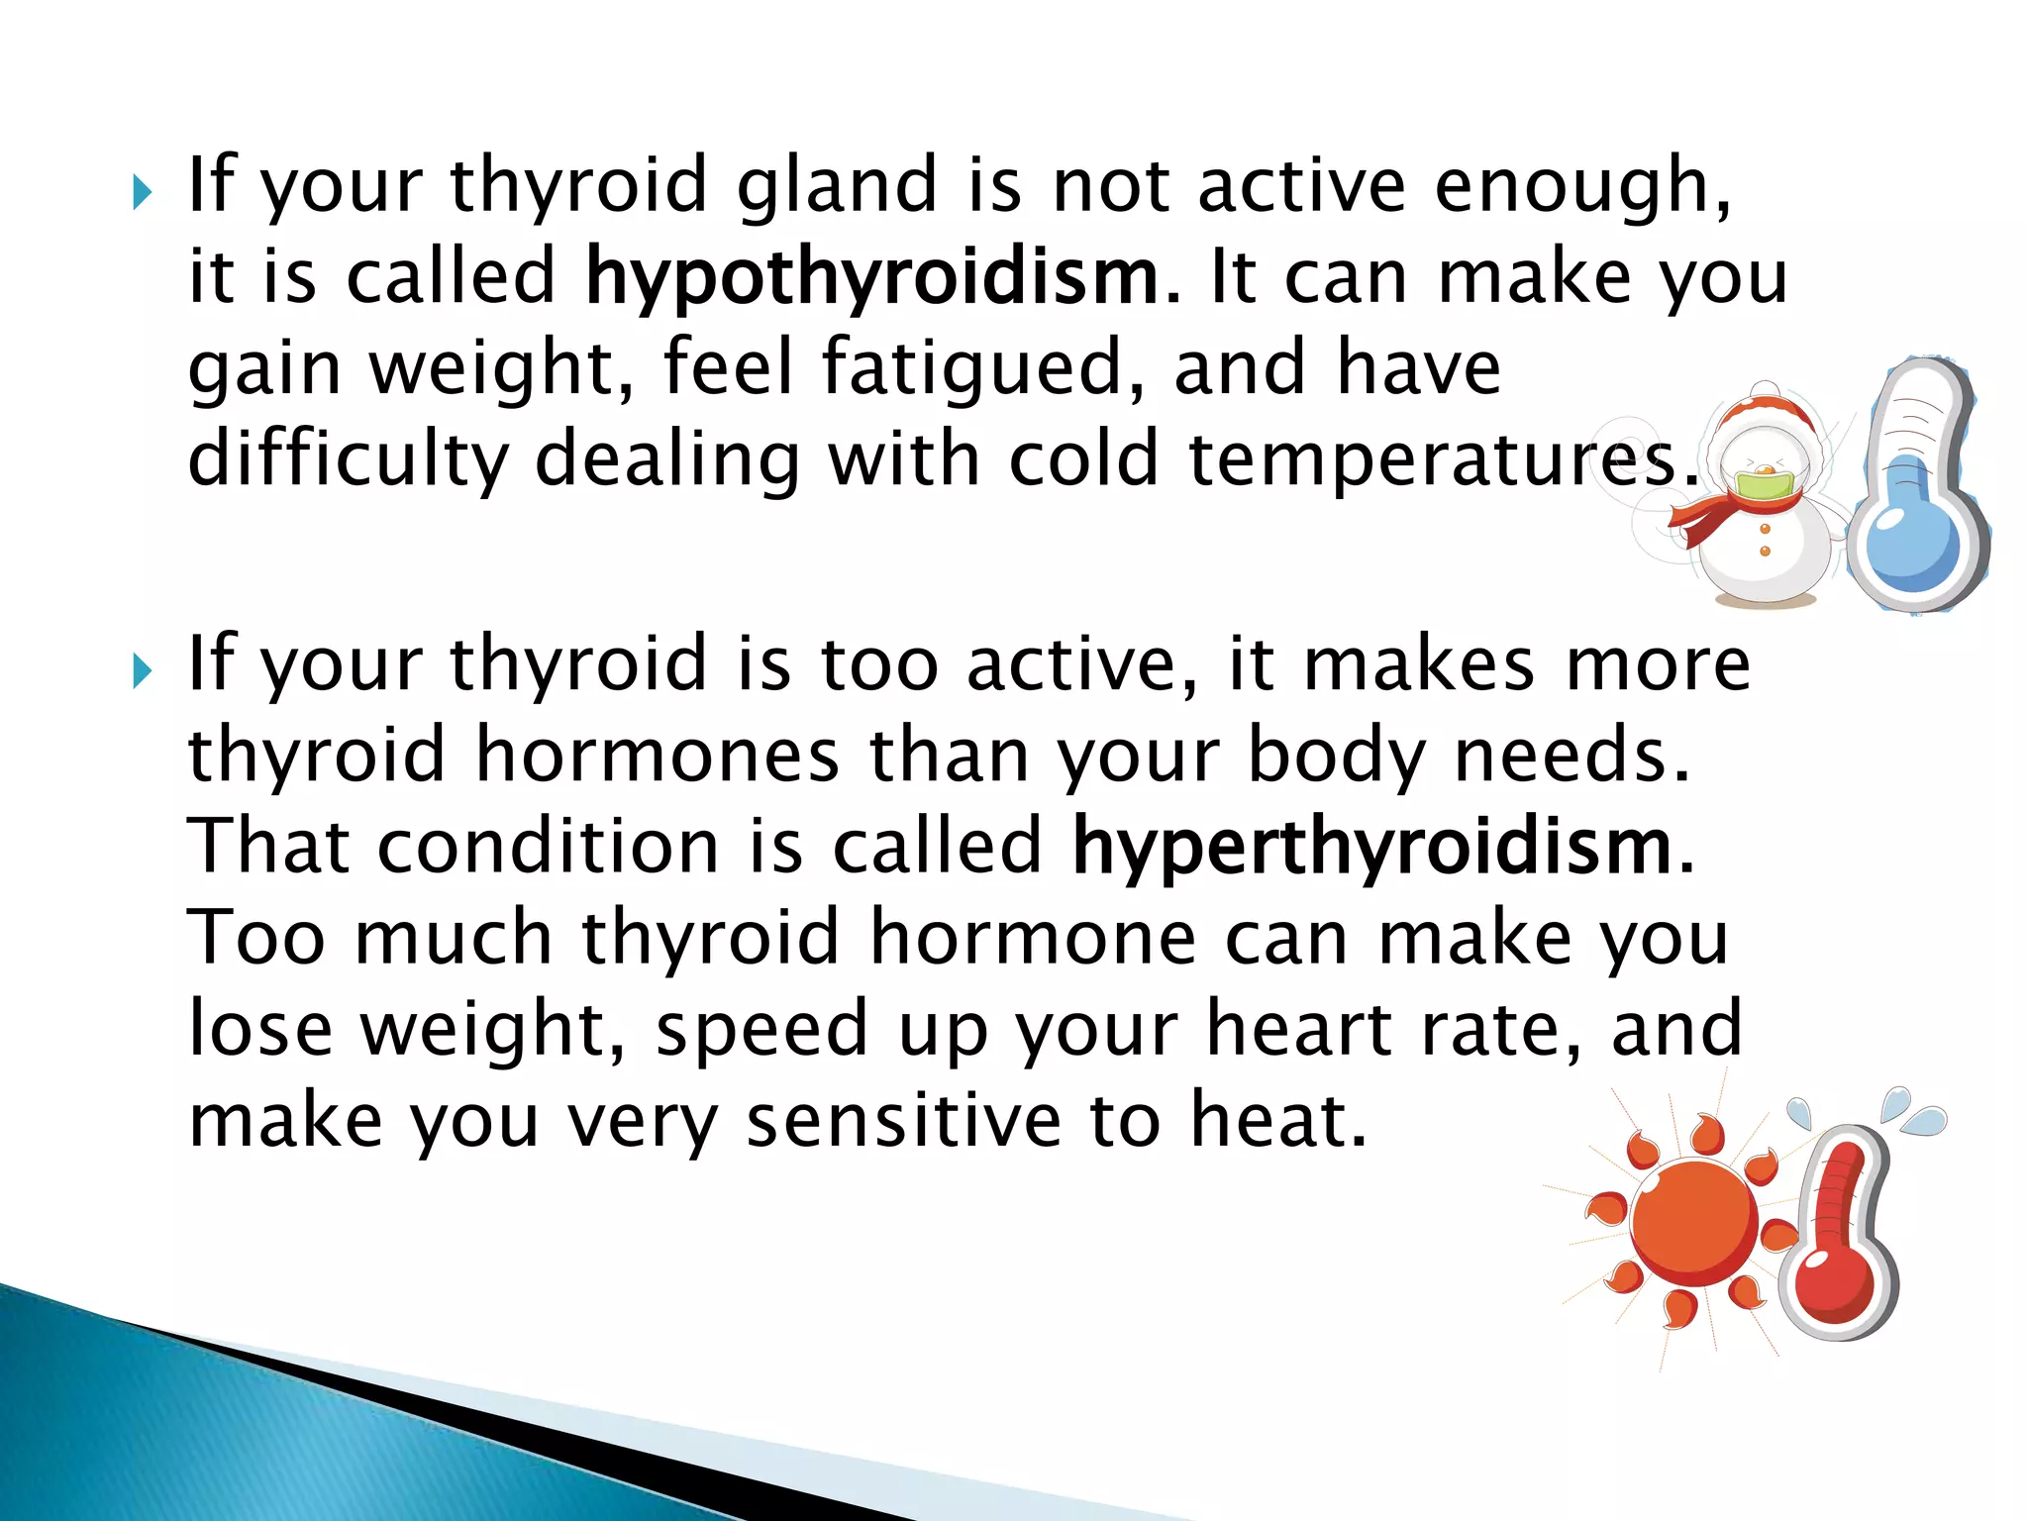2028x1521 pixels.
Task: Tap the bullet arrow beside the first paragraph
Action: pos(143,193)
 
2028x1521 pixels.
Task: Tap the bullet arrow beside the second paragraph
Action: pos(143,672)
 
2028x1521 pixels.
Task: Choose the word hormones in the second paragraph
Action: pos(658,756)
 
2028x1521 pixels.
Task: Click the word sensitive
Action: pos(903,1121)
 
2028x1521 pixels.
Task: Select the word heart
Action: pos(1299,1029)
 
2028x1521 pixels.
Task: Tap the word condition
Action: pos(549,847)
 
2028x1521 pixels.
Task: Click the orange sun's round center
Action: pos(1694,1224)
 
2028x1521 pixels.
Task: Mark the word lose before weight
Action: pos(260,1029)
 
